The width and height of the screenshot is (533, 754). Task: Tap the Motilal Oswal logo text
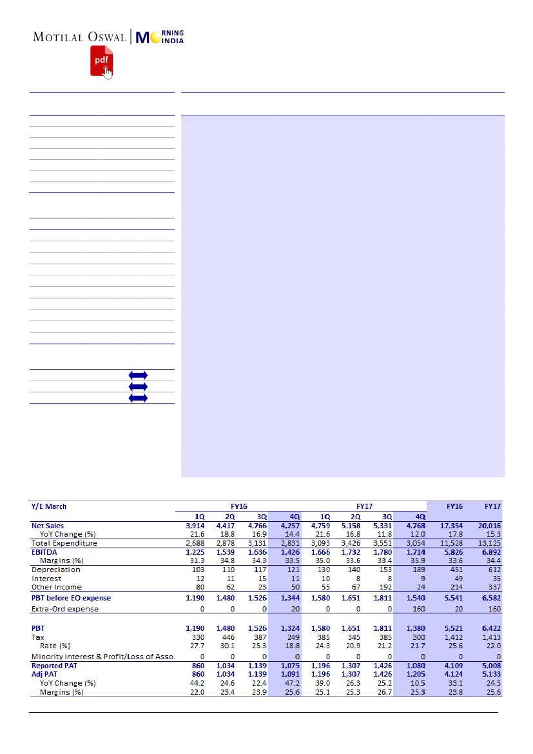tap(80, 37)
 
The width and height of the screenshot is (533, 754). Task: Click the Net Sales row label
tap(48, 526)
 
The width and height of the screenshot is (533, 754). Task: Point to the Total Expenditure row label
tap(64, 543)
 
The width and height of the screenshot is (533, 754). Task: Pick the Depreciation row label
tap(56, 570)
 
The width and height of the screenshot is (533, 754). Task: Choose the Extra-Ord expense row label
tap(65, 609)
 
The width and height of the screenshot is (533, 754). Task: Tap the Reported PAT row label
tap(56, 666)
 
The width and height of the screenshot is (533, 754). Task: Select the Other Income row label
tap(57, 587)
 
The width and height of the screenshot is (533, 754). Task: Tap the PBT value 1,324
tap(290, 628)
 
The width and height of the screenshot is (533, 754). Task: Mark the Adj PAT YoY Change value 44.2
tap(196, 683)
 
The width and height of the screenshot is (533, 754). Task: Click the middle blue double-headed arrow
tap(138, 386)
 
